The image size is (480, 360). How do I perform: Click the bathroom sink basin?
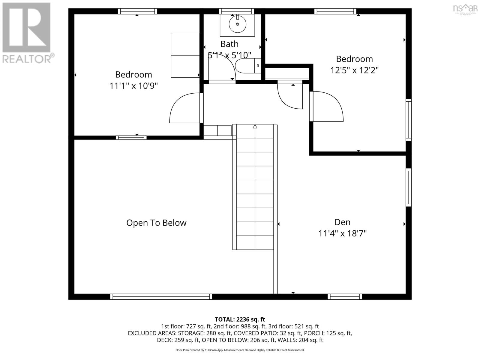(237, 24)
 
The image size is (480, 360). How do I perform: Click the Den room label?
(342, 222)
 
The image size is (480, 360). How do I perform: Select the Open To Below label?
(156, 223)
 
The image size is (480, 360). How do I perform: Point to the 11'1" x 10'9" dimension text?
(133, 86)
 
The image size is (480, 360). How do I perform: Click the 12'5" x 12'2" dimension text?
(354, 70)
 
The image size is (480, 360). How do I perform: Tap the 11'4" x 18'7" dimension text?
(342, 233)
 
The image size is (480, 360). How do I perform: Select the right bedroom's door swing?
(328, 107)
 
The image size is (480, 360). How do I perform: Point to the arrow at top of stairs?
(255, 127)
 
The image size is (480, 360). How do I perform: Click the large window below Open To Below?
(161, 297)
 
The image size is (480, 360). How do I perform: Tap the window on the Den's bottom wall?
(345, 297)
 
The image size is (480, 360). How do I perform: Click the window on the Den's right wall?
(409, 187)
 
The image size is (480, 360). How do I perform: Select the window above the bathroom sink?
(237, 11)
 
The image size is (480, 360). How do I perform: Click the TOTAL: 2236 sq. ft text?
(240, 319)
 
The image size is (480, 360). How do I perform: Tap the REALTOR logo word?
(28, 58)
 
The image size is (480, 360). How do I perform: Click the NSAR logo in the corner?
(465, 9)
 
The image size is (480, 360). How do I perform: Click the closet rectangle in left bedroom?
(185, 55)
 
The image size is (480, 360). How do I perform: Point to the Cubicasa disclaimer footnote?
(240, 350)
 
